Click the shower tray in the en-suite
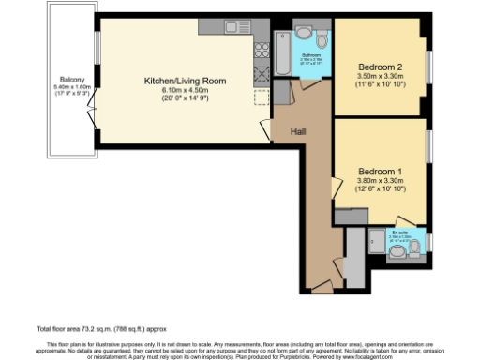coord(377,242)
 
